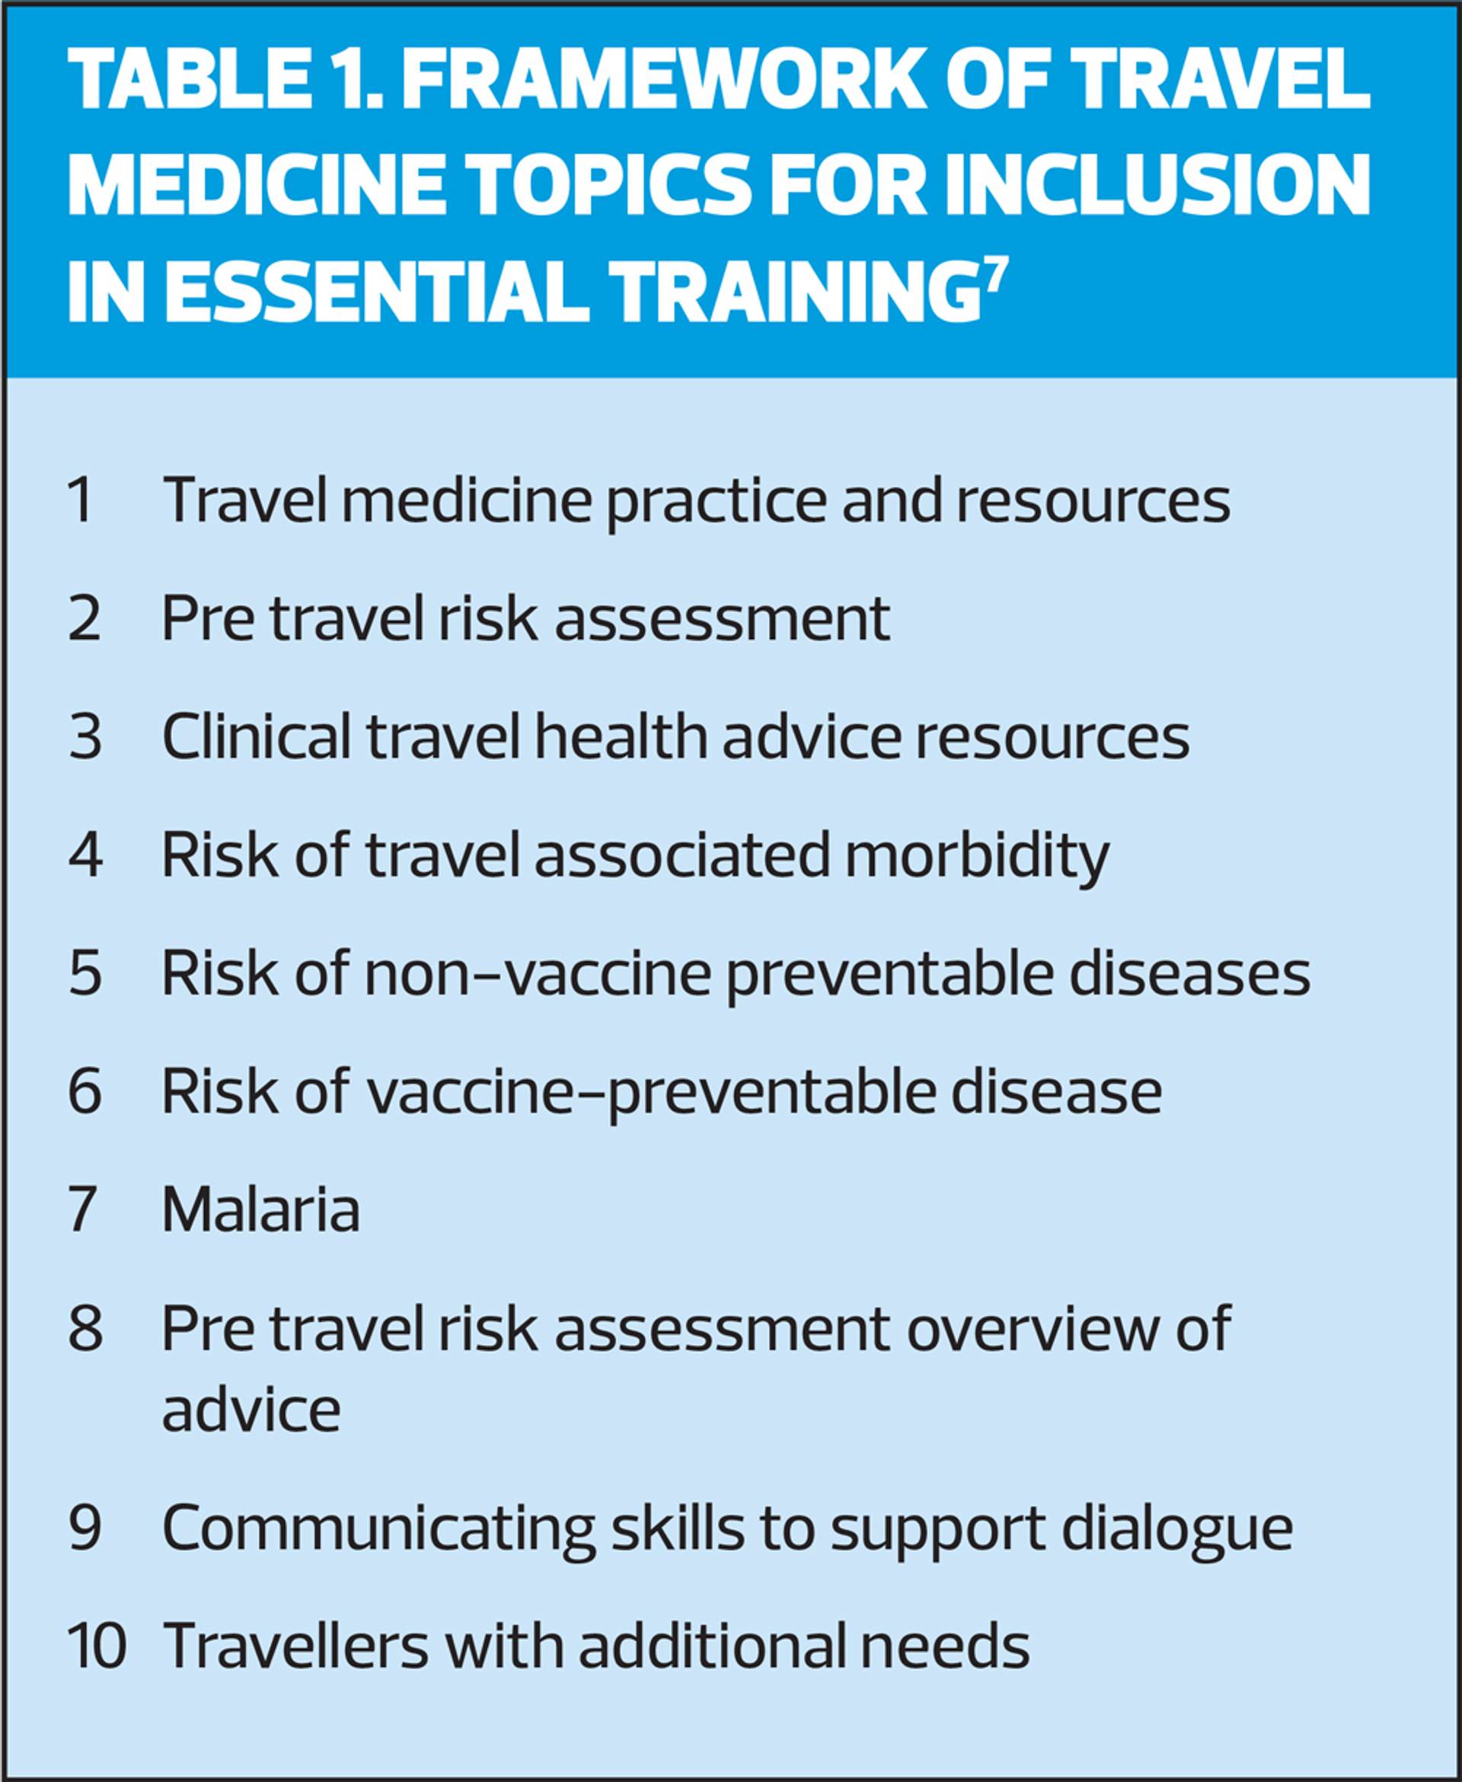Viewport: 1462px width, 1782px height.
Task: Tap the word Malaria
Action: click(261, 1210)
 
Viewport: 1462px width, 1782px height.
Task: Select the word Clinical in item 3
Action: click(257, 737)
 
